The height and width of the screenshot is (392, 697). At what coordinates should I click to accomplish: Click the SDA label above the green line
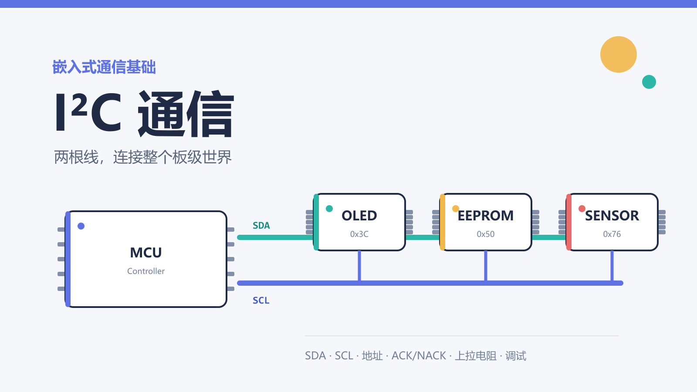pyautogui.click(x=261, y=226)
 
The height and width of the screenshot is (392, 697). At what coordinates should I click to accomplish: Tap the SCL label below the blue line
pyautogui.click(x=261, y=301)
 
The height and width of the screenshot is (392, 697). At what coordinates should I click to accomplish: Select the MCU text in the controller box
pyautogui.click(x=146, y=253)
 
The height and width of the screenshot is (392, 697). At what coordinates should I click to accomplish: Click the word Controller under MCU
pyautogui.click(x=146, y=271)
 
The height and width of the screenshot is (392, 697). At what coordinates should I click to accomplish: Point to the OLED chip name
pyautogui.click(x=359, y=216)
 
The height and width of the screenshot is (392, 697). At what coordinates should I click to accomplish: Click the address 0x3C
pyautogui.click(x=359, y=234)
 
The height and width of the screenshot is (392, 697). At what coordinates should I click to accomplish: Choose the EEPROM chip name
pyautogui.click(x=485, y=216)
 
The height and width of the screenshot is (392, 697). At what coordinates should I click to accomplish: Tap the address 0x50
pyautogui.click(x=485, y=234)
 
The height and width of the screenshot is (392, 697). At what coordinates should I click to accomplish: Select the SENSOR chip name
pyautogui.click(x=612, y=216)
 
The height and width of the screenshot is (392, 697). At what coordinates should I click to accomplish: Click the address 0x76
pyautogui.click(x=612, y=234)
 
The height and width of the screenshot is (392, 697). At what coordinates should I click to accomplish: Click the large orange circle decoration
pyautogui.click(x=618, y=54)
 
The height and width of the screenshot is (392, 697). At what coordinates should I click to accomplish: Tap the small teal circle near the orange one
pyautogui.click(x=649, y=82)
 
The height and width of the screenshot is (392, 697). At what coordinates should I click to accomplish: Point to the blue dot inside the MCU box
pyautogui.click(x=81, y=226)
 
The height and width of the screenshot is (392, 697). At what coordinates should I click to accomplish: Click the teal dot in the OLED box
pyautogui.click(x=329, y=209)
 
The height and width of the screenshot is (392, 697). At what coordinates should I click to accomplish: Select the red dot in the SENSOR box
pyautogui.click(x=582, y=209)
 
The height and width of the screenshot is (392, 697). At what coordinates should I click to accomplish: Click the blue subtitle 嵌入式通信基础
pyautogui.click(x=104, y=67)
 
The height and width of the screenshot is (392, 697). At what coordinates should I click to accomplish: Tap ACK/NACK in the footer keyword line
pyautogui.click(x=419, y=355)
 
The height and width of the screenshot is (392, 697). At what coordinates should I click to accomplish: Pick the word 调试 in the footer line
pyautogui.click(x=516, y=355)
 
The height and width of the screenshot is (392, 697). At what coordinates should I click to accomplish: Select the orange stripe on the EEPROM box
pyautogui.click(x=443, y=222)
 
